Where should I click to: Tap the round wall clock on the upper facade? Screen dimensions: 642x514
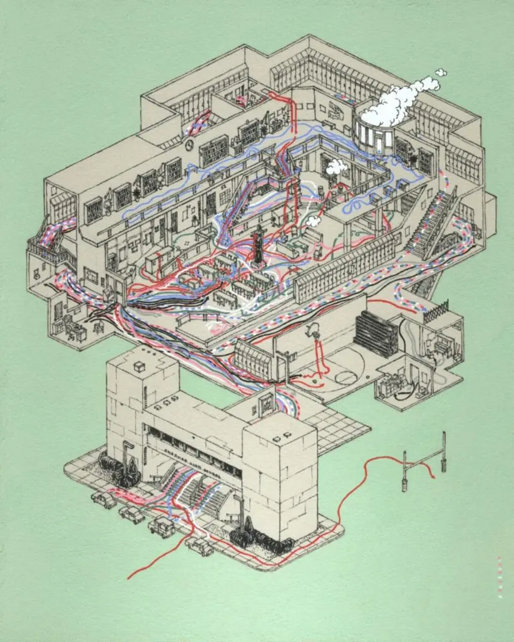point(190,145)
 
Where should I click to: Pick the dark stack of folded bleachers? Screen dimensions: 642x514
point(376,333)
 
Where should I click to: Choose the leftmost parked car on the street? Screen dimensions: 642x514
point(104,500)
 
